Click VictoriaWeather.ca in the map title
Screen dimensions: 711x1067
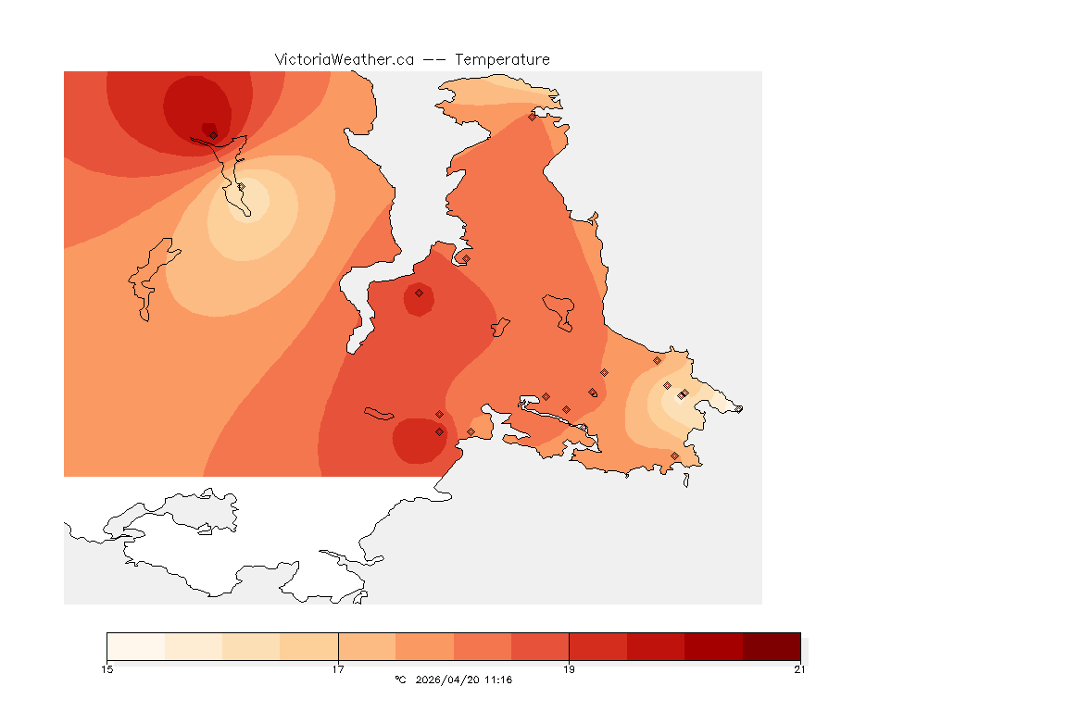pos(344,59)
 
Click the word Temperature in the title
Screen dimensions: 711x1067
pos(502,59)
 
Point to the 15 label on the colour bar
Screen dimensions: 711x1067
pos(107,669)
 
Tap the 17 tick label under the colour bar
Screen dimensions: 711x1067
pos(338,669)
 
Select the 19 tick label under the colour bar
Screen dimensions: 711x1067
pos(570,669)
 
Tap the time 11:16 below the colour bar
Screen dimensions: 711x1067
pos(496,680)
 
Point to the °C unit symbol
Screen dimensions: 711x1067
pos(400,680)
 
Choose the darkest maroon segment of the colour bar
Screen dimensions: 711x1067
pos(772,646)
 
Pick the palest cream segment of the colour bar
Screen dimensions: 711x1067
pos(136,646)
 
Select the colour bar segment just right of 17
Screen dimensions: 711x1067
pos(367,646)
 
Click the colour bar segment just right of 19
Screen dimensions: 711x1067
pos(598,646)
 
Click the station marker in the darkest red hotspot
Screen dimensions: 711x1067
pos(213,135)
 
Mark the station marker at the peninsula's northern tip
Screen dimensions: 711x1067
pos(532,117)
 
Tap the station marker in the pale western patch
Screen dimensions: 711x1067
pos(241,187)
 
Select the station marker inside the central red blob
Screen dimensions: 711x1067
pos(419,293)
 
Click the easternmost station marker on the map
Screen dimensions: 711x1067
pos(738,409)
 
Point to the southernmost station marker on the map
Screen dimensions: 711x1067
pos(674,455)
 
